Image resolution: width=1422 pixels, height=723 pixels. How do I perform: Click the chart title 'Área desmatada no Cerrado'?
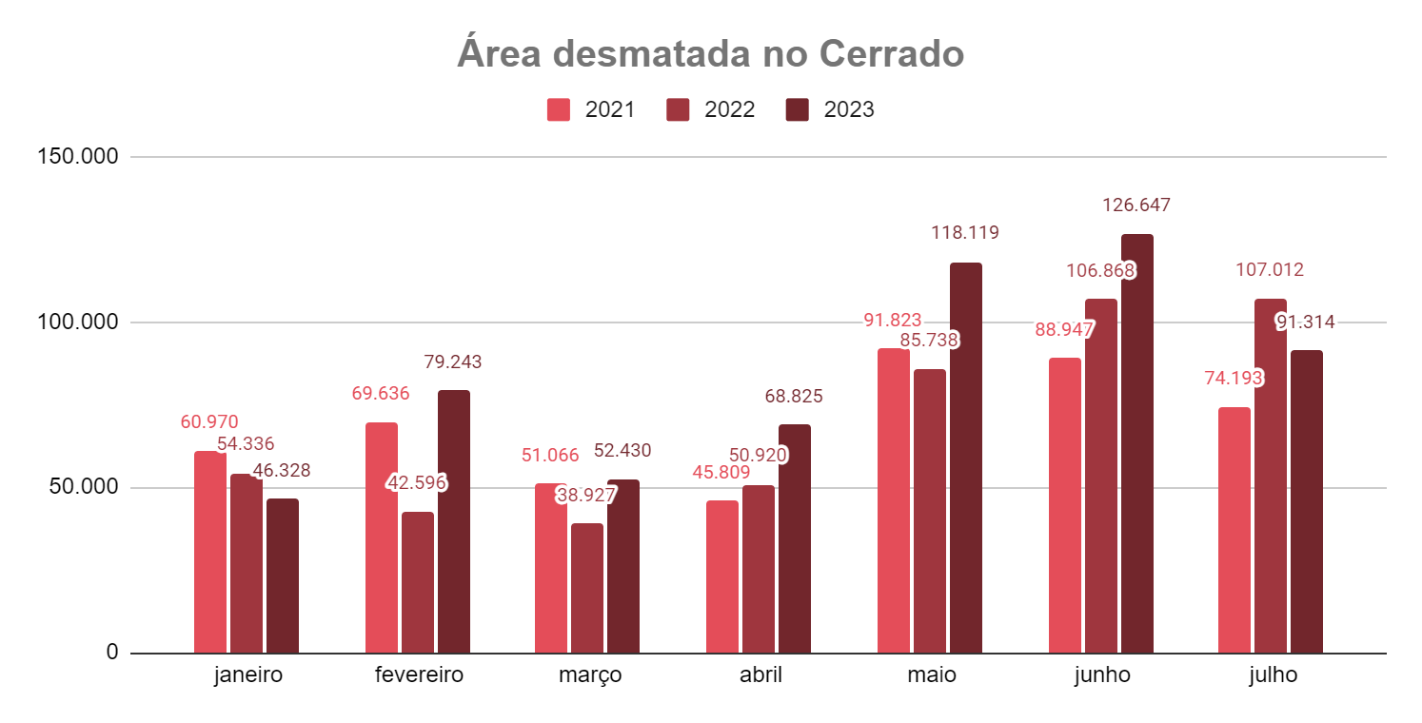[710, 54]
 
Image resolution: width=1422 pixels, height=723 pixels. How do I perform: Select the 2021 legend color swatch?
[558, 109]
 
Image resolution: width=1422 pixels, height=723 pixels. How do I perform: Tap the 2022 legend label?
[729, 109]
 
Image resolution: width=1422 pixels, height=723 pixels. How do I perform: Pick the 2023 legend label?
[848, 109]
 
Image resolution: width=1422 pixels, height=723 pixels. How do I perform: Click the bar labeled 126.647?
[1136, 443]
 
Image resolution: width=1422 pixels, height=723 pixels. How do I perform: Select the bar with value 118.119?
[965, 458]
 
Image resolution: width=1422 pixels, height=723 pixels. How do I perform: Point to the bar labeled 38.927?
[587, 588]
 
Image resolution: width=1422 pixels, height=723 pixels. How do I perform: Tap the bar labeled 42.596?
[417, 582]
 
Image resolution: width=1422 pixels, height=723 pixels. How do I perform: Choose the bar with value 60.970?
[210, 552]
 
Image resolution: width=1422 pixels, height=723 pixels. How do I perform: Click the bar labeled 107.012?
[1270, 476]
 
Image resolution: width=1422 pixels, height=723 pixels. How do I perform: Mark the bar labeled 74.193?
[1234, 530]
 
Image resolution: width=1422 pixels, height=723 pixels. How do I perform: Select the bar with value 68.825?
[794, 538]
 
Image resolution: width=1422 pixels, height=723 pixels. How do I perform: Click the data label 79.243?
[452, 361]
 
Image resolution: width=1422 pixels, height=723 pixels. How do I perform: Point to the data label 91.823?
[892, 321]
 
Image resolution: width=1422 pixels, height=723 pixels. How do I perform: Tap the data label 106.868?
[1099, 271]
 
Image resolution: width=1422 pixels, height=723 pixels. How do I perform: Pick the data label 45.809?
[721, 472]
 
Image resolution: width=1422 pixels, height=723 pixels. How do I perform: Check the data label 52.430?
[622, 451]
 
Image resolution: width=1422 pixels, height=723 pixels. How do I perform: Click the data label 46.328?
[282, 470]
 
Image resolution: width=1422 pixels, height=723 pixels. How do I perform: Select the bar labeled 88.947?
[1064, 505]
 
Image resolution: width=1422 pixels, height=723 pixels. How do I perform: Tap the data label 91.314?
[1305, 322]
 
